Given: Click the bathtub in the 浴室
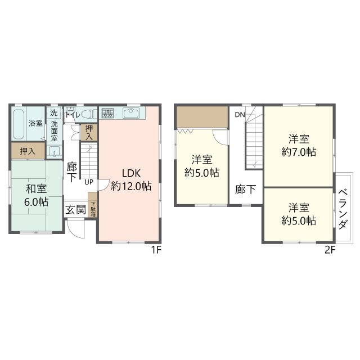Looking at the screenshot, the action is tap(19, 124).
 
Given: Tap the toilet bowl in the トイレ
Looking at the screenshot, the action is tap(88, 114).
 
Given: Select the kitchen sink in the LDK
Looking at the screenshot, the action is tap(130, 113).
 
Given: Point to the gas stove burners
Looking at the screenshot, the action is tap(107, 113).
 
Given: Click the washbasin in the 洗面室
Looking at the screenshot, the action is tap(54, 151).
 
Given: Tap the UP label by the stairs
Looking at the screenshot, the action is tap(89, 182).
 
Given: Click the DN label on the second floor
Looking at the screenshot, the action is tap(240, 115).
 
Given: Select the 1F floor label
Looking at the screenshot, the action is tap(156, 250).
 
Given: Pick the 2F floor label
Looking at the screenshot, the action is tap(330, 250).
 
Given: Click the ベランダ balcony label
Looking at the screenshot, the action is tap(343, 209).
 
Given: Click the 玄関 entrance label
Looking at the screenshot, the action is tap(76, 210).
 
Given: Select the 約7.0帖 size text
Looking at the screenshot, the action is tap(299, 152).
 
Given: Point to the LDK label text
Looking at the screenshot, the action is tap(131, 173).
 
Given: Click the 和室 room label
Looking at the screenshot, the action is tap(36, 189).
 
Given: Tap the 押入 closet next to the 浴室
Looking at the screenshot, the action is tap(28, 151).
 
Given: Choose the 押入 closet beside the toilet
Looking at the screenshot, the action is tap(89, 133).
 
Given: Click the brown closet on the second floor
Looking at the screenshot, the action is tap(202, 117).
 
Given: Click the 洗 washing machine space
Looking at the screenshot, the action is tap(54, 112).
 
